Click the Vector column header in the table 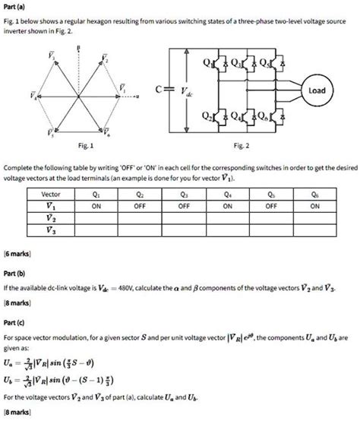pos(50,194)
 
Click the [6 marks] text pos(17,250)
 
